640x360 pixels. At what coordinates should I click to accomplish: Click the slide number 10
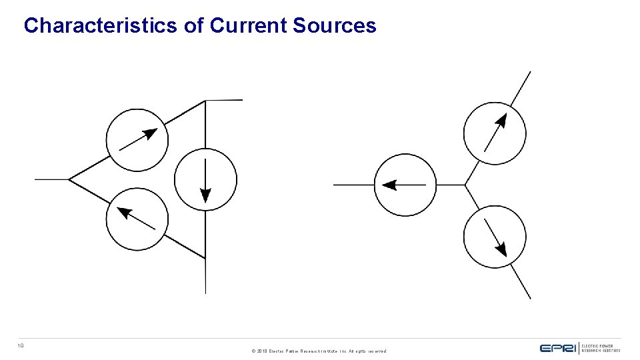21,345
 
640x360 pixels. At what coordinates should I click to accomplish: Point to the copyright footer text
319,351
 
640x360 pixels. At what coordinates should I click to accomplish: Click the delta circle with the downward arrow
205,179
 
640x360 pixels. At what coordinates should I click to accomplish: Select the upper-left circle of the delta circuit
137,139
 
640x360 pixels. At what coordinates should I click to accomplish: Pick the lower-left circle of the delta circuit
137,219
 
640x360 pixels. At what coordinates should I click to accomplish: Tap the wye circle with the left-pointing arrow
405,185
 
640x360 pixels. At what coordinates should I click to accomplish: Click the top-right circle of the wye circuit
495,134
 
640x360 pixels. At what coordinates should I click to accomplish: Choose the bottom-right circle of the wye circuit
495,237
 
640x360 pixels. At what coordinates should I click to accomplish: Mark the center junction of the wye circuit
465,185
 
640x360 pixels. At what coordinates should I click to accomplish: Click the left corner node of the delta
69,179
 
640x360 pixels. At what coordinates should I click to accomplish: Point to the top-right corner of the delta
205,101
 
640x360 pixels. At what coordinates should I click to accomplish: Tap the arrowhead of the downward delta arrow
205,195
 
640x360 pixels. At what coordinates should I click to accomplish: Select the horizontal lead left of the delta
52,179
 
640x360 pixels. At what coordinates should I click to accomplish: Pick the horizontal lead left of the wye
353,185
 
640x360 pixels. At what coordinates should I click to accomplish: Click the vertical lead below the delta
205,276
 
